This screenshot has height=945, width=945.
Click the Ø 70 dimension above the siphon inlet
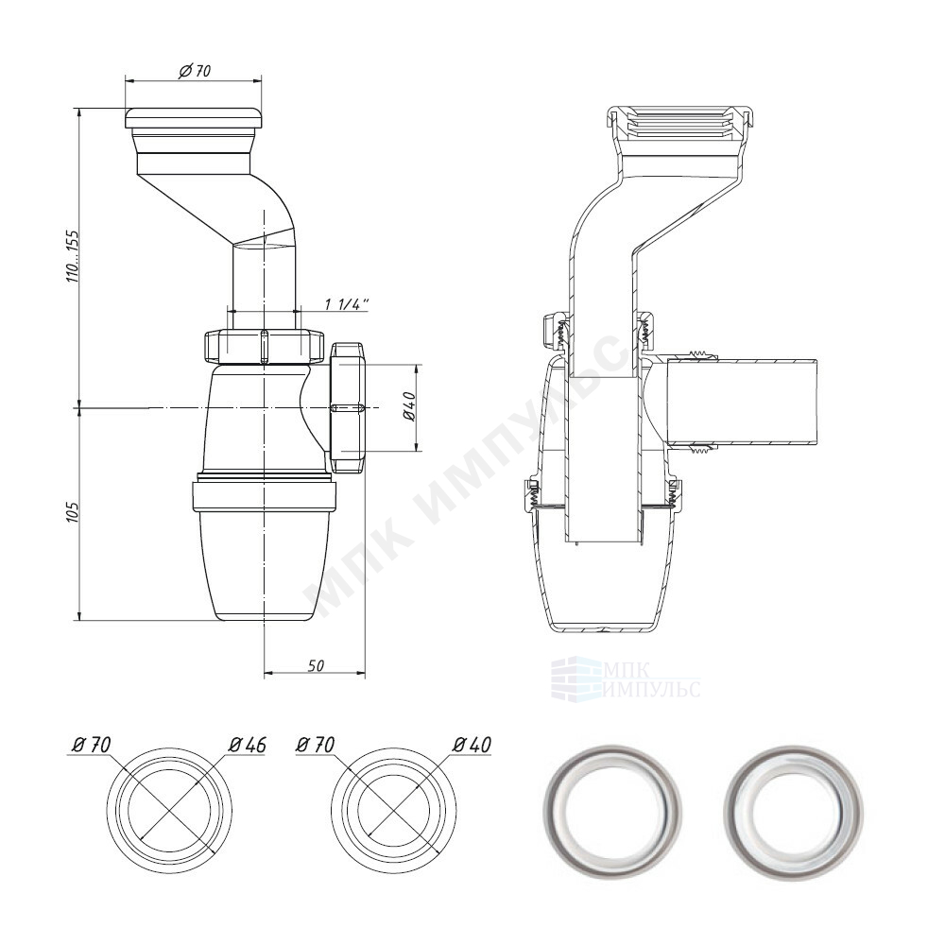pyautogui.click(x=195, y=71)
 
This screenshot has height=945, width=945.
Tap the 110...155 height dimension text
pyautogui.click(x=74, y=257)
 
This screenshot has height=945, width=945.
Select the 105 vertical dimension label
pyautogui.click(x=74, y=512)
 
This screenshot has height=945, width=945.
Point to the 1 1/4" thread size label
pyautogui.click(x=346, y=304)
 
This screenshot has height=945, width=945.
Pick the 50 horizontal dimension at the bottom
pyautogui.click(x=317, y=665)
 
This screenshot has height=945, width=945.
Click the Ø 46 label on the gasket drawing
pyautogui.click(x=247, y=745)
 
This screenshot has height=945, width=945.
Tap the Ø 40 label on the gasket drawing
pyautogui.click(x=473, y=745)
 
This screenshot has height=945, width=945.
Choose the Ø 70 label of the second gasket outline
pyautogui.click(x=317, y=745)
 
